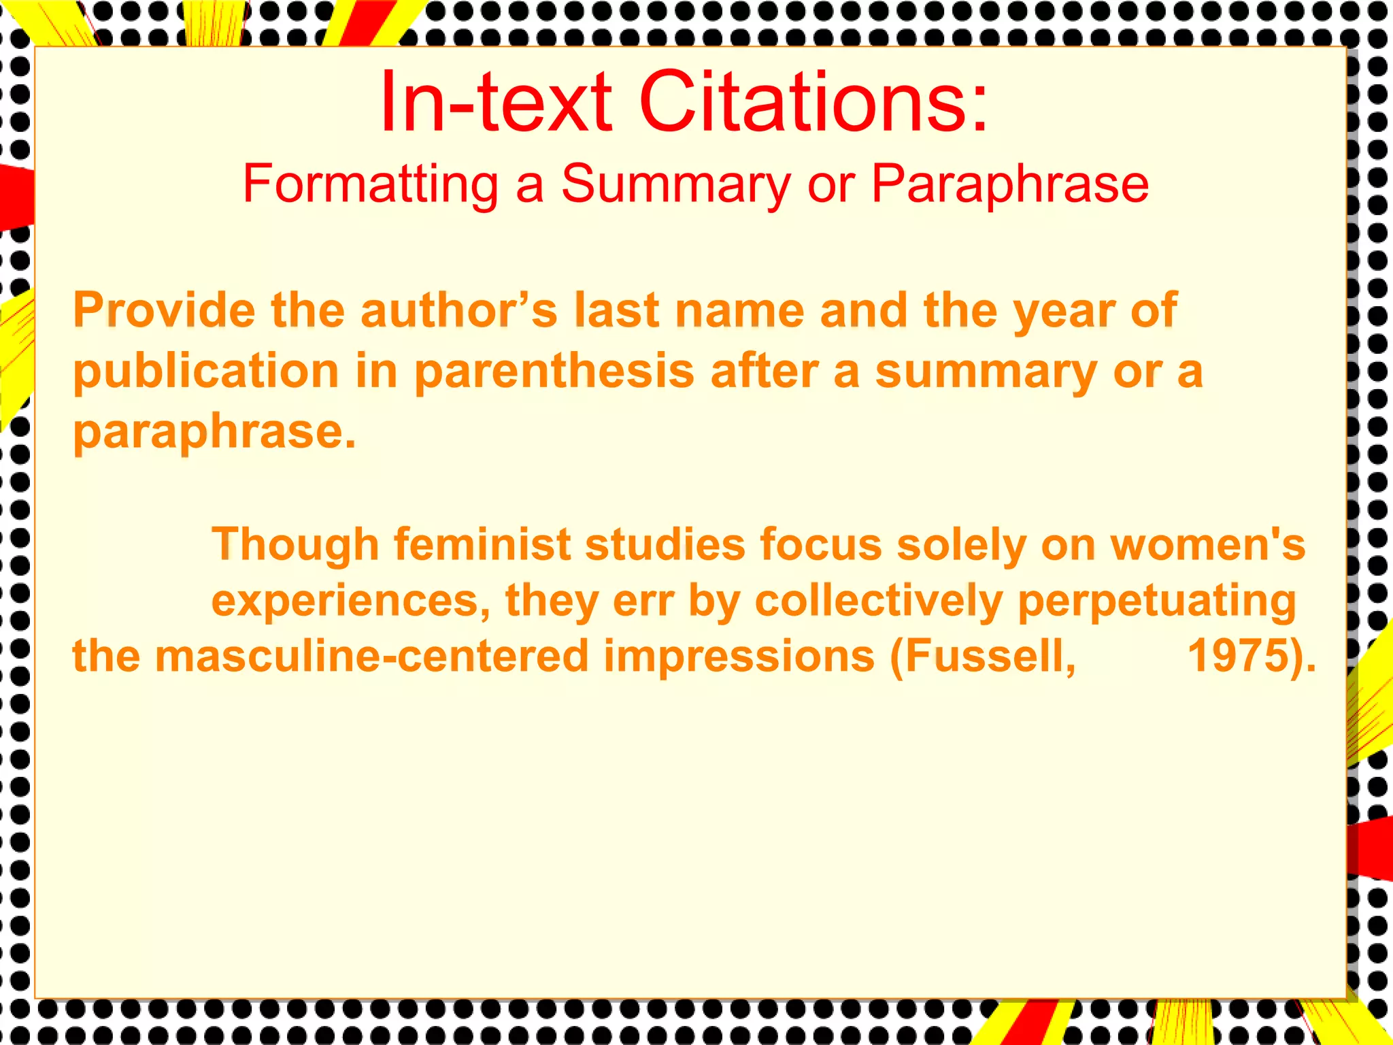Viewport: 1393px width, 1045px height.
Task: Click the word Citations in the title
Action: (x=812, y=102)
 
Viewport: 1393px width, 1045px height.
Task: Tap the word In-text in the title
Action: (x=496, y=102)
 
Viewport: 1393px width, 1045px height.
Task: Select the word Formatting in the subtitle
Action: (x=370, y=184)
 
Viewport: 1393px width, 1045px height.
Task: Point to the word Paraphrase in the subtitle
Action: (x=1009, y=184)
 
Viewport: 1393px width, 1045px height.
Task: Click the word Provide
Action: (x=164, y=310)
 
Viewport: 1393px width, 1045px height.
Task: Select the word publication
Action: (x=206, y=372)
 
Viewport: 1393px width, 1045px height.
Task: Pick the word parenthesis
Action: (x=554, y=372)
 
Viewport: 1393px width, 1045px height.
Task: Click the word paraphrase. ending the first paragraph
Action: (x=214, y=433)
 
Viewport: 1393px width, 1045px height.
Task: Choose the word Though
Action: (x=295, y=545)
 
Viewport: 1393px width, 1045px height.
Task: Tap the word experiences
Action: (x=351, y=601)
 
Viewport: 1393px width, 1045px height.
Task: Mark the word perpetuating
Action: (x=1156, y=601)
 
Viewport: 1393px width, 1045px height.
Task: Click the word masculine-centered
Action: (x=371, y=657)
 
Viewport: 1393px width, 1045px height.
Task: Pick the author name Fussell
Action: (x=984, y=657)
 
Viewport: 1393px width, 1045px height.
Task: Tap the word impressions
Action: (x=739, y=657)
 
